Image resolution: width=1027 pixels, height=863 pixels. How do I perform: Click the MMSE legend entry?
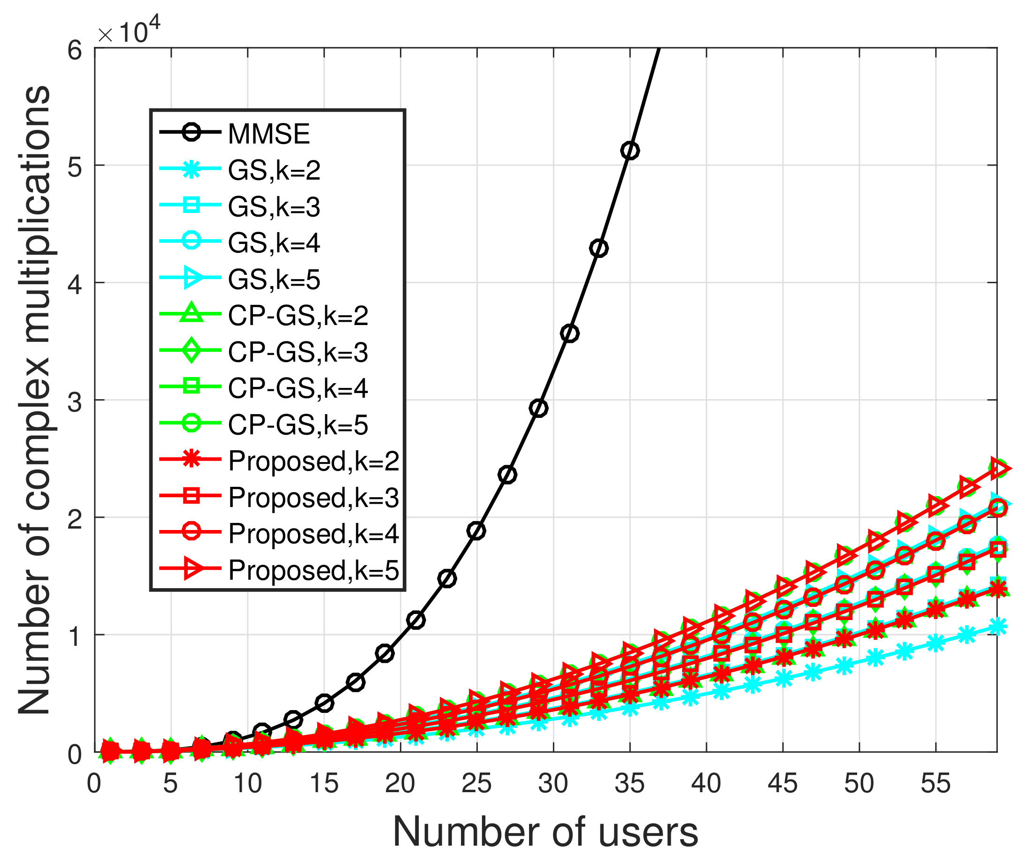pos(269,134)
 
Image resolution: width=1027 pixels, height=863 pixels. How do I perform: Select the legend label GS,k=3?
pos(274,206)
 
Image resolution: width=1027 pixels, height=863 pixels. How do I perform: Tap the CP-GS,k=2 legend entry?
pos(298,316)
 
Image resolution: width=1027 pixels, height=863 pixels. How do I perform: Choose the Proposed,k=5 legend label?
pos(313,570)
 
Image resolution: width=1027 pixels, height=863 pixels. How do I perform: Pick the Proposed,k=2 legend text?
pos(313,461)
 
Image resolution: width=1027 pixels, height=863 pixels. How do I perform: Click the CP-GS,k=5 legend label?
pos(298,424)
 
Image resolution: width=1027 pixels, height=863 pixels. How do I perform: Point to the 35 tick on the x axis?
pos(629,784)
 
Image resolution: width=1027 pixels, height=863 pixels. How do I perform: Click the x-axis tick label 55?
pos(935,784)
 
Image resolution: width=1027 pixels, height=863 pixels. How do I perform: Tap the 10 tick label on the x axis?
pos(247,784)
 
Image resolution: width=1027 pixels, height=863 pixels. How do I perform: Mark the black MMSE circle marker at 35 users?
pos(630,151)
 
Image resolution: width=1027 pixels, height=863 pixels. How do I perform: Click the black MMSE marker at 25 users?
pos(476,531)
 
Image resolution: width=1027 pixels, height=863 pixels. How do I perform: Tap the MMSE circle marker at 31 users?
pos(569,333)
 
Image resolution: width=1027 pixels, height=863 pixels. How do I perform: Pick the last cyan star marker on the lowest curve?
pos(997,627)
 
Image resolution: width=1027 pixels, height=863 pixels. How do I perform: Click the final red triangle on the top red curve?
pos(999,468)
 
